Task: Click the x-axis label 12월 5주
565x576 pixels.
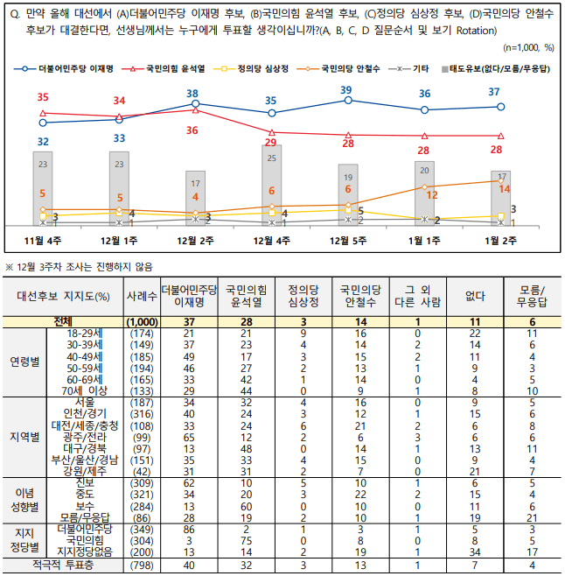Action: tap(347, 238)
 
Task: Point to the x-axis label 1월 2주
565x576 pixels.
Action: tap(500, 238)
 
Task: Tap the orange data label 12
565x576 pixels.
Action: tap(431, 194)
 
